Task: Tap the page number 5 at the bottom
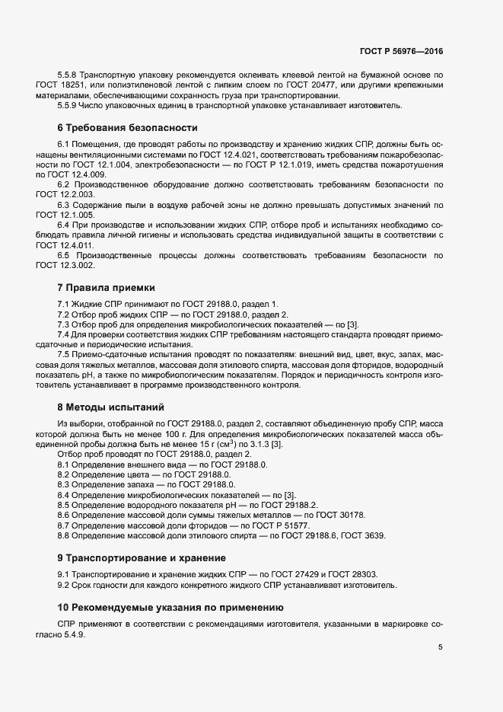point(441,647)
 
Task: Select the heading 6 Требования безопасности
point(127,127)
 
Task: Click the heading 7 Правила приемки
point(106,288)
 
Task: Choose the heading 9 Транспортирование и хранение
point(141,557)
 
